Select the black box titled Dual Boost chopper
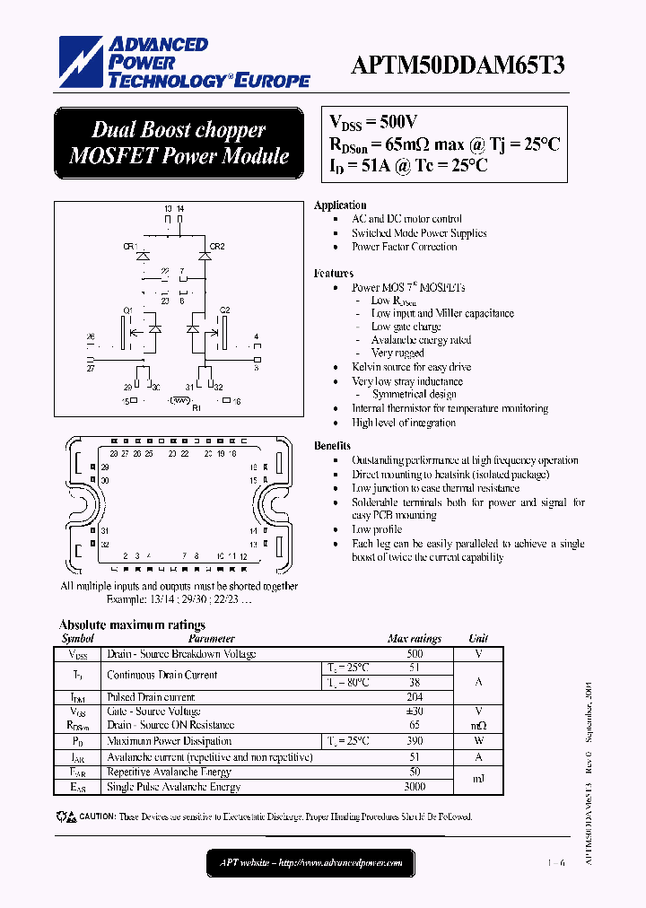tap(179, 143)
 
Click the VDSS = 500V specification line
tap(374, 124)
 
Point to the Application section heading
tap(340, 205)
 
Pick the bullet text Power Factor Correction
tap(405, 247)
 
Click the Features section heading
tap(334, 273)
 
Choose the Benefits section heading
tap(332, 446)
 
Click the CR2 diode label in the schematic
tap(217, 246)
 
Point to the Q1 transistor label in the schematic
tap(127, 310)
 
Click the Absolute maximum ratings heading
tap(132, 624)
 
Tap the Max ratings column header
tap(414, 639)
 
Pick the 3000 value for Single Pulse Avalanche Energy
tap(414, 787)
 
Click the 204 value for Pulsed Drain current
tap(414, 696)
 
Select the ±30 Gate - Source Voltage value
tap(414, 711)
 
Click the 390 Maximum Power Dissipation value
tap(414, 741)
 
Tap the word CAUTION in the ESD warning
tap(98, 817)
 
